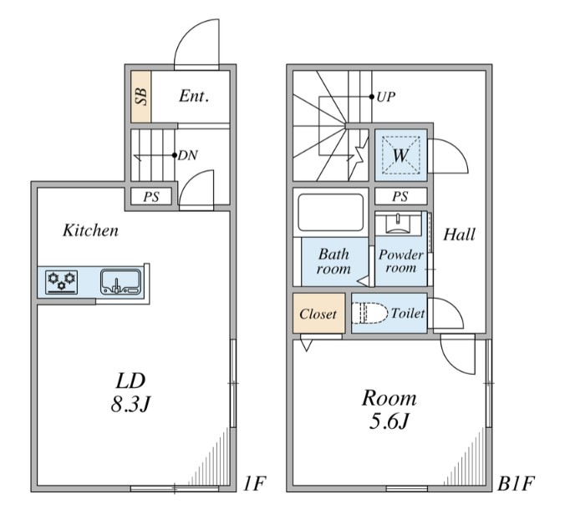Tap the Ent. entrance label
point(193,96)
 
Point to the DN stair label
point(186,154)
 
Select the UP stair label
point(385,96)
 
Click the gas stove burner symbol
point(61,281)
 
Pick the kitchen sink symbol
point(120,281)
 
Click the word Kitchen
point(90,231)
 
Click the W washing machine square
point(401,154)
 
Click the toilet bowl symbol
point(372,314)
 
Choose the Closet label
point(318,315)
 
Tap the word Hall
point(459,234)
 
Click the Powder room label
point(400,261)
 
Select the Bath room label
point(332,261)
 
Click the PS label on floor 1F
point(151,197)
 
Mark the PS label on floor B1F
point(400,197)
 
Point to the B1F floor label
point(516,484)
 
